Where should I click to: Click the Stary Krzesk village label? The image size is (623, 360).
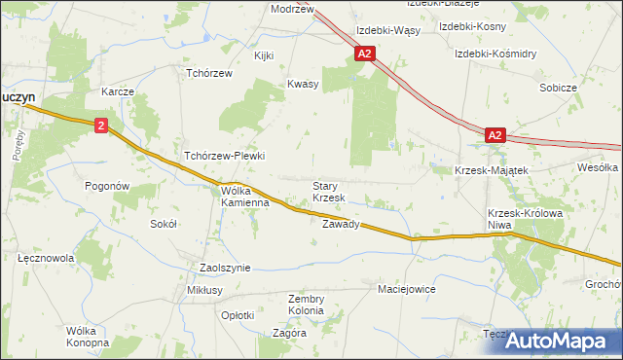pos(328,192)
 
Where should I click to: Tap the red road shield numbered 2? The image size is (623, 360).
pos(102,126)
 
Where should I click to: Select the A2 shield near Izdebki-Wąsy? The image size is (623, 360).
pos(364,55)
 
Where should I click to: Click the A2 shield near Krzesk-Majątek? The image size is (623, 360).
pos(495,136)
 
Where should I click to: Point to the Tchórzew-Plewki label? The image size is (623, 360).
pos(225,156)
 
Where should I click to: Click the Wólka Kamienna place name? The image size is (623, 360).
pos(243,198)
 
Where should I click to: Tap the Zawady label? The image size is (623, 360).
pos(341,224)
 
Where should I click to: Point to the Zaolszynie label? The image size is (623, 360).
pos(225,268)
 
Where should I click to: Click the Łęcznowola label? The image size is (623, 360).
pos(47,259)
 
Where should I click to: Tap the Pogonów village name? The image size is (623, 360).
pos(107,185)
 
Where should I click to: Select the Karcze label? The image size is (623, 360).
pos(117,90)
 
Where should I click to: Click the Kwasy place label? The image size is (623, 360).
pos(303,84)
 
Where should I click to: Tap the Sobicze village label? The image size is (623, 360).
pos(559,88)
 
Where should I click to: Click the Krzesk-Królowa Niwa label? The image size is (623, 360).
pos(512,219)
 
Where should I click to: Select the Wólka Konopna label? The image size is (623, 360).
pos(87,337)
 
